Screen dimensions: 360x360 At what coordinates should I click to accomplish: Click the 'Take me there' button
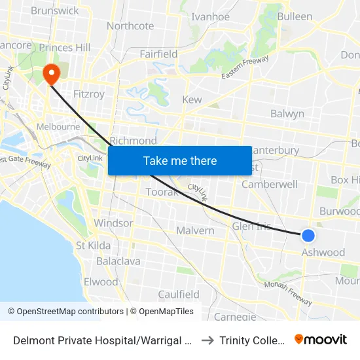[180, 160]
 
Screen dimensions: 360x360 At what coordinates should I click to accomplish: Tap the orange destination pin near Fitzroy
[50, 74]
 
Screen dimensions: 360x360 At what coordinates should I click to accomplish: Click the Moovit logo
[321, 339]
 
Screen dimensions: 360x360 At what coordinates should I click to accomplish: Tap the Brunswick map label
[54, 10]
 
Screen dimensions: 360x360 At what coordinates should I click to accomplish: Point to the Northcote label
[130, 26]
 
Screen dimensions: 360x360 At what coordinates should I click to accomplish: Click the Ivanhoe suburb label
[209, 17]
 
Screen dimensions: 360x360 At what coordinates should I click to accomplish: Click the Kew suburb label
[192, 99]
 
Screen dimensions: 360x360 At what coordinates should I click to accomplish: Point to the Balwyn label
[287, 113]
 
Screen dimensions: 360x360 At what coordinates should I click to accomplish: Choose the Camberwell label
[269, 184]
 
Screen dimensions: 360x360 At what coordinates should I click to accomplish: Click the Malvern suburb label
[195, 230]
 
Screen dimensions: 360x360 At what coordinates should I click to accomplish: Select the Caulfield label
[179, 294]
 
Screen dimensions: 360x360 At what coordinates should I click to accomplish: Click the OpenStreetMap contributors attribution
[70, 312]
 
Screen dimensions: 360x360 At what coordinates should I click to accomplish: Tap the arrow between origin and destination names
[207, 340]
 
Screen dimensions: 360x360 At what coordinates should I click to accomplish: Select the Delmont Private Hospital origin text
[101, 340]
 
